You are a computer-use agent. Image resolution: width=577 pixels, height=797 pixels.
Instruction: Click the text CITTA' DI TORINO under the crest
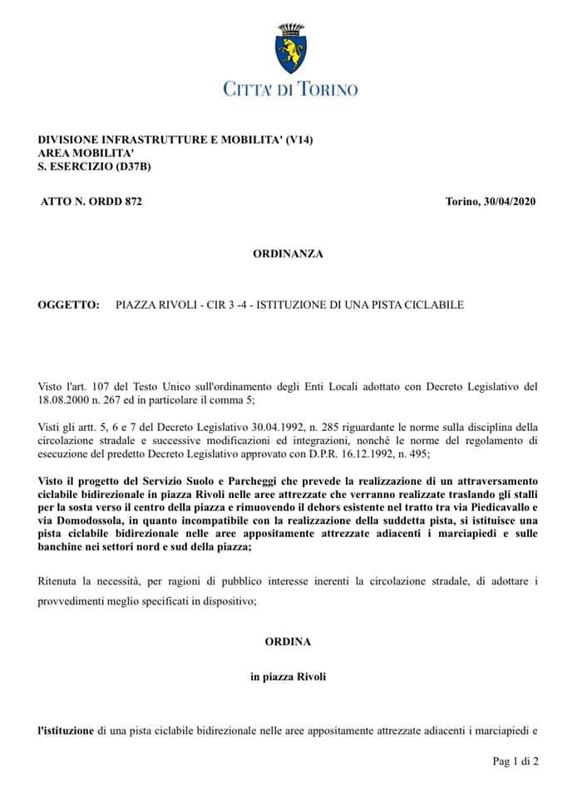click(x=289, y=89)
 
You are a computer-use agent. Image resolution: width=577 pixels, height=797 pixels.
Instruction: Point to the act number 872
click(x=131, y=201)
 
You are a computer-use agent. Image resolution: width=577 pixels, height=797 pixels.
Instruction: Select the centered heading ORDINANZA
click(x=288, y=252)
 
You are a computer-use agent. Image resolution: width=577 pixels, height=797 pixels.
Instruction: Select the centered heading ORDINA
click(x=288, y=641)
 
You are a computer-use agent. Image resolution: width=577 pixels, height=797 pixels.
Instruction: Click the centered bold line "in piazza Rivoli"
click(x=288, y=677)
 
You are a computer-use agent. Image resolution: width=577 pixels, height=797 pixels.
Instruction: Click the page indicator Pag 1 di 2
click(x=515, y=760)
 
